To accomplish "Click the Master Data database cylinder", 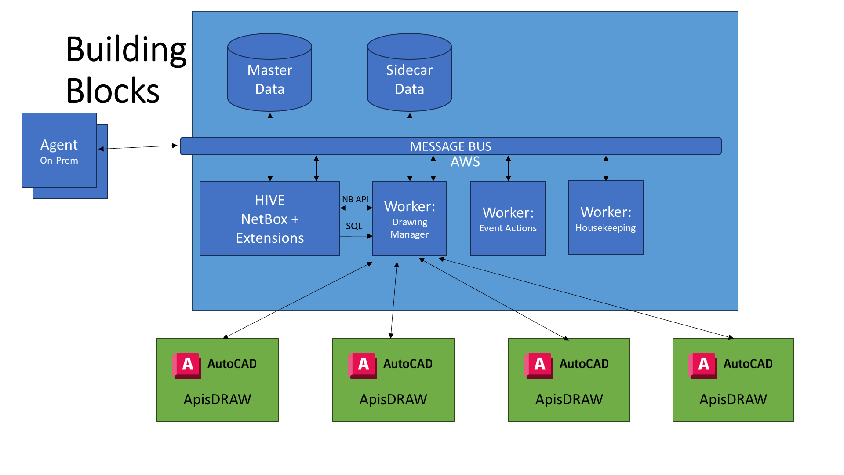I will pyautogui.click(x=269, y=75).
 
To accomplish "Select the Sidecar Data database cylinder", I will pyautogui.click(x=409, y=75).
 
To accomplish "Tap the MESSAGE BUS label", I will pyautogui.click(x=451, y=146).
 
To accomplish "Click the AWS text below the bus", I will pyautogui.click(x=465, y=162).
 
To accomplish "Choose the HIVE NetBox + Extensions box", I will pyautogui.click(x=269, y=219).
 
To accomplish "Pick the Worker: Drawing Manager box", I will pyautogui.click(x=409, y=219).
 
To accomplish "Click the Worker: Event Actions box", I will pyautogui.click(x=508, y=219).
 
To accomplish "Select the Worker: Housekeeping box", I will pyautogui.click(x=606, y=218).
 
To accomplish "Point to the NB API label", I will pyautogui.click(x=355, y=199).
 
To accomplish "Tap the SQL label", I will pyautogui.click(x=354, y=226).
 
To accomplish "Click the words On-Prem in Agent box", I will pyautogui.click(x=59, y=161).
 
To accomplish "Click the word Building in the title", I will pyautogui.click(x=126, y=49).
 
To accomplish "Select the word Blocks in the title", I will pyautogui.click(x=113, y=91).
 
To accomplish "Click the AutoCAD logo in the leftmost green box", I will pyautogui.click(x=187, y=365).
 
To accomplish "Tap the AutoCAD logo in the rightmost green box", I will pyautogui.click(x=702, y=365).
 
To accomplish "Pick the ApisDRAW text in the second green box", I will pyautogui.click(x=393, y=399).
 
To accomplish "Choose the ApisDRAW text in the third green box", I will pyautogui.click(x=569, y=399).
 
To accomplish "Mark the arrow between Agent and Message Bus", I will pyautogui.click(x=138, y=147).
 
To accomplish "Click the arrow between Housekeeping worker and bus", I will pyautogui.click(x=606, y=168).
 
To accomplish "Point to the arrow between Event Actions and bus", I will pyautogui.click(x=508, y=168).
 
